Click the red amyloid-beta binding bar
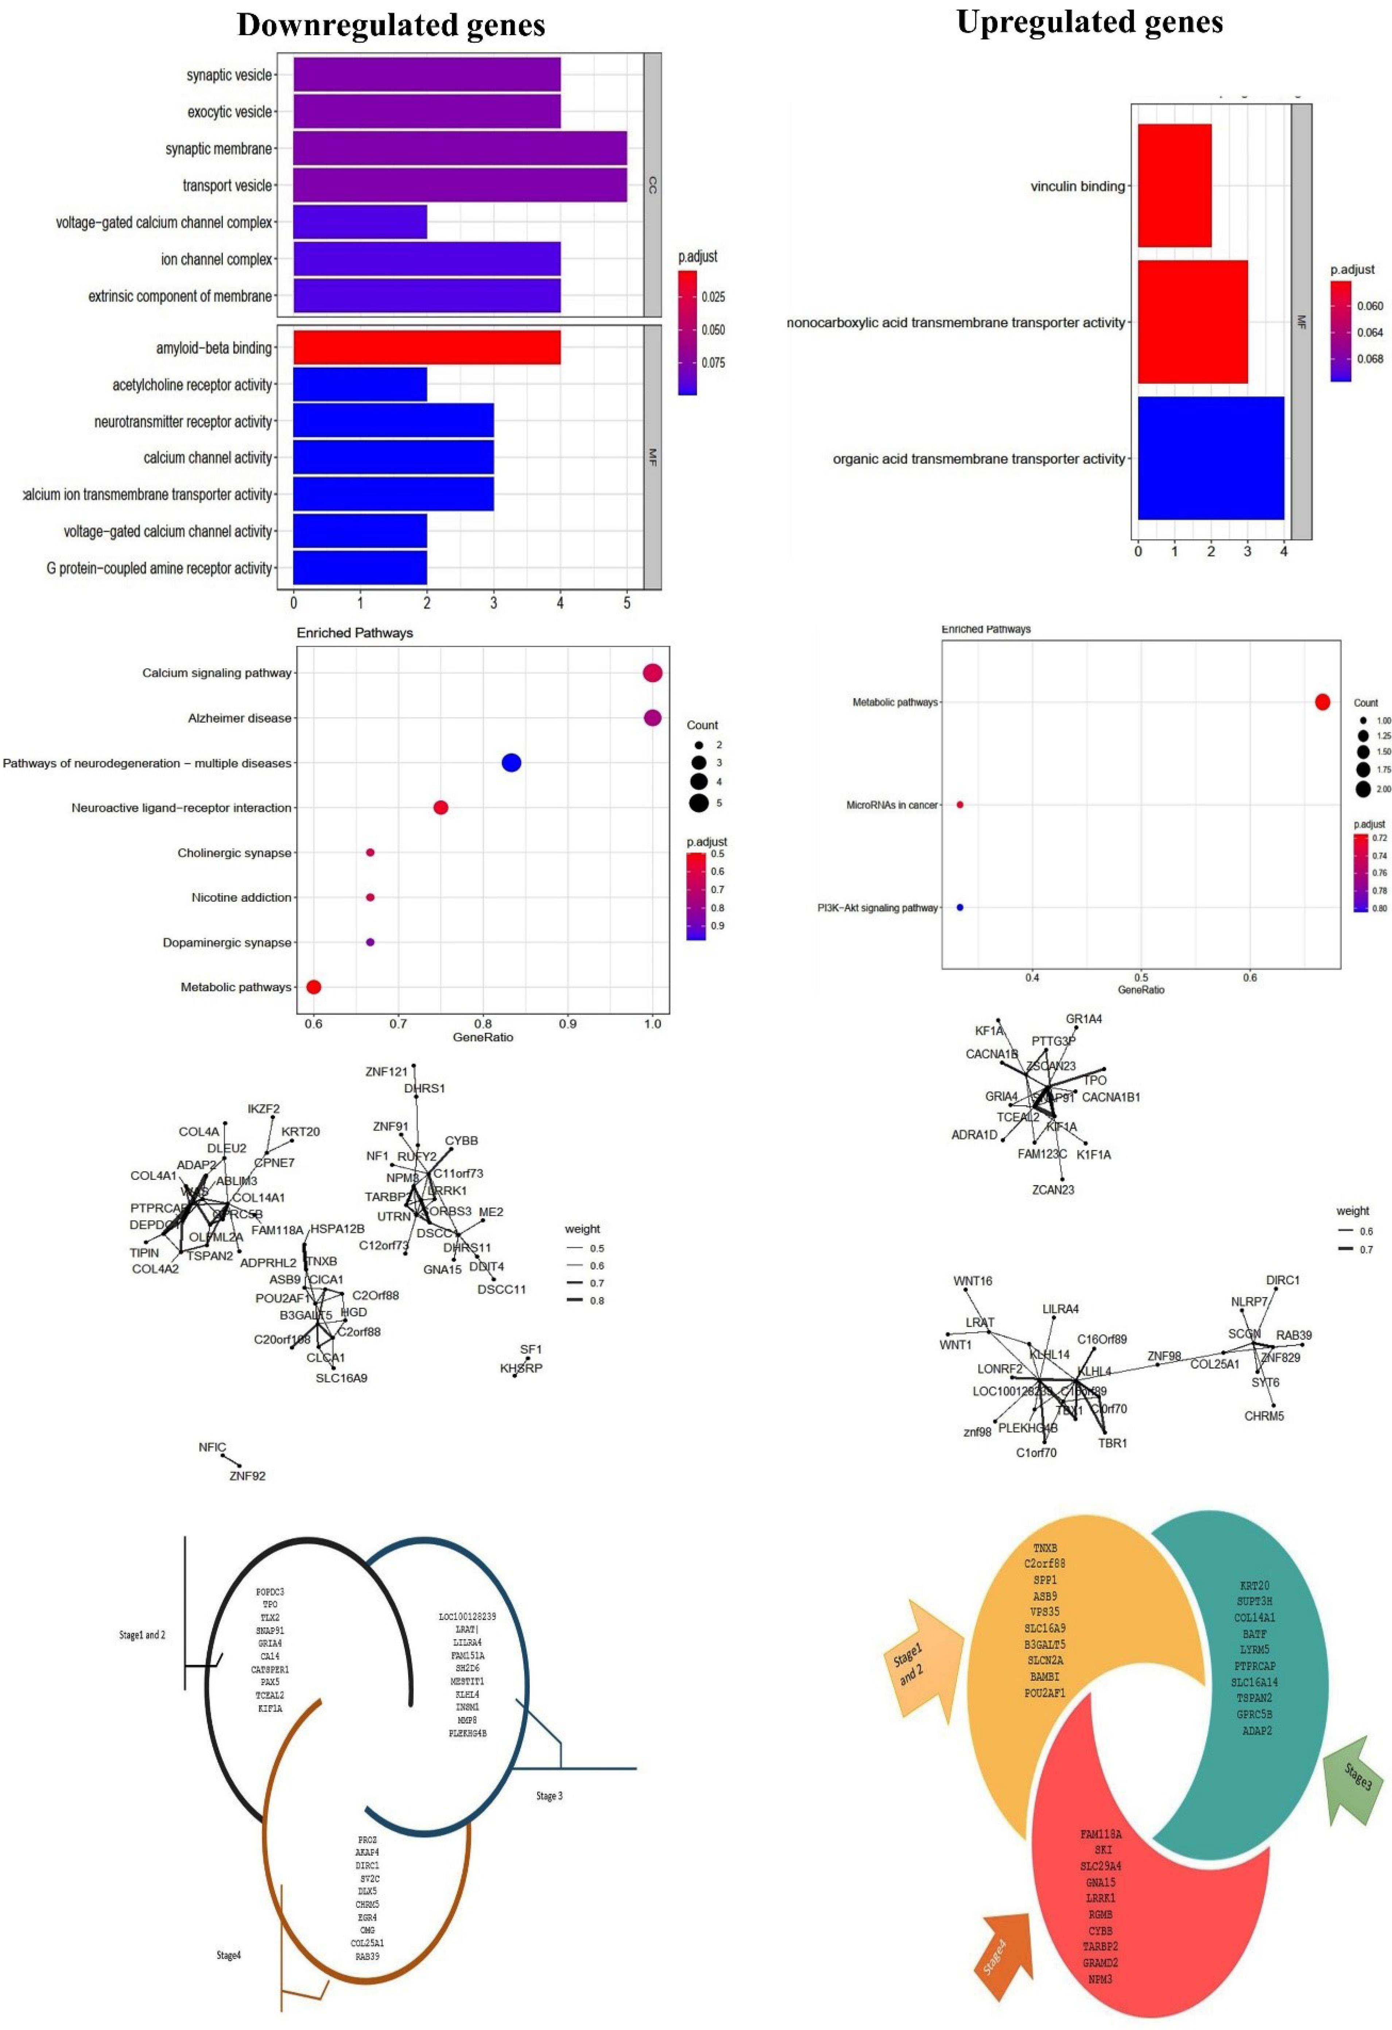[426, 348]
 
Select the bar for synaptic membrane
[460, 148]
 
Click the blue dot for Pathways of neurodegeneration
[512, 762]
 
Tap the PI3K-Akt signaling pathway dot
[960, 908]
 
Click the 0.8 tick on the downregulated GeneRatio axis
[483, 1023]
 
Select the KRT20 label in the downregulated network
[300, 1131]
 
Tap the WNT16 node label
[972, 1280]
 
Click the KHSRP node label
[520, 1368]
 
